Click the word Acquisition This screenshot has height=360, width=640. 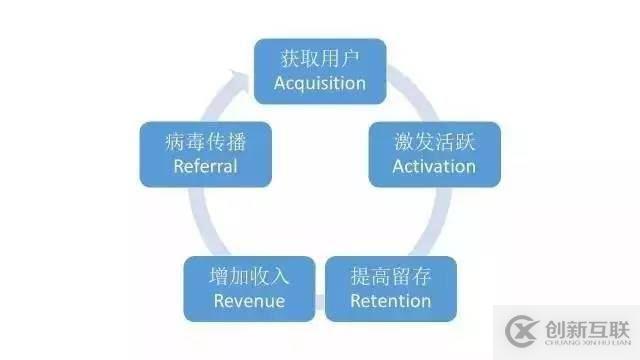click(320, 83)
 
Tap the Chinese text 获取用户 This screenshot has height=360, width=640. click(320, 57)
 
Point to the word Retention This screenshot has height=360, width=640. click(390, 301)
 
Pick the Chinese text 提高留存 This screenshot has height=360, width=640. click(390, 275)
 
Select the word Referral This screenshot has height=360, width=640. click(205, 166)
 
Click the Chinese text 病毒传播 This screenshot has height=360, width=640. click(205, 141)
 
